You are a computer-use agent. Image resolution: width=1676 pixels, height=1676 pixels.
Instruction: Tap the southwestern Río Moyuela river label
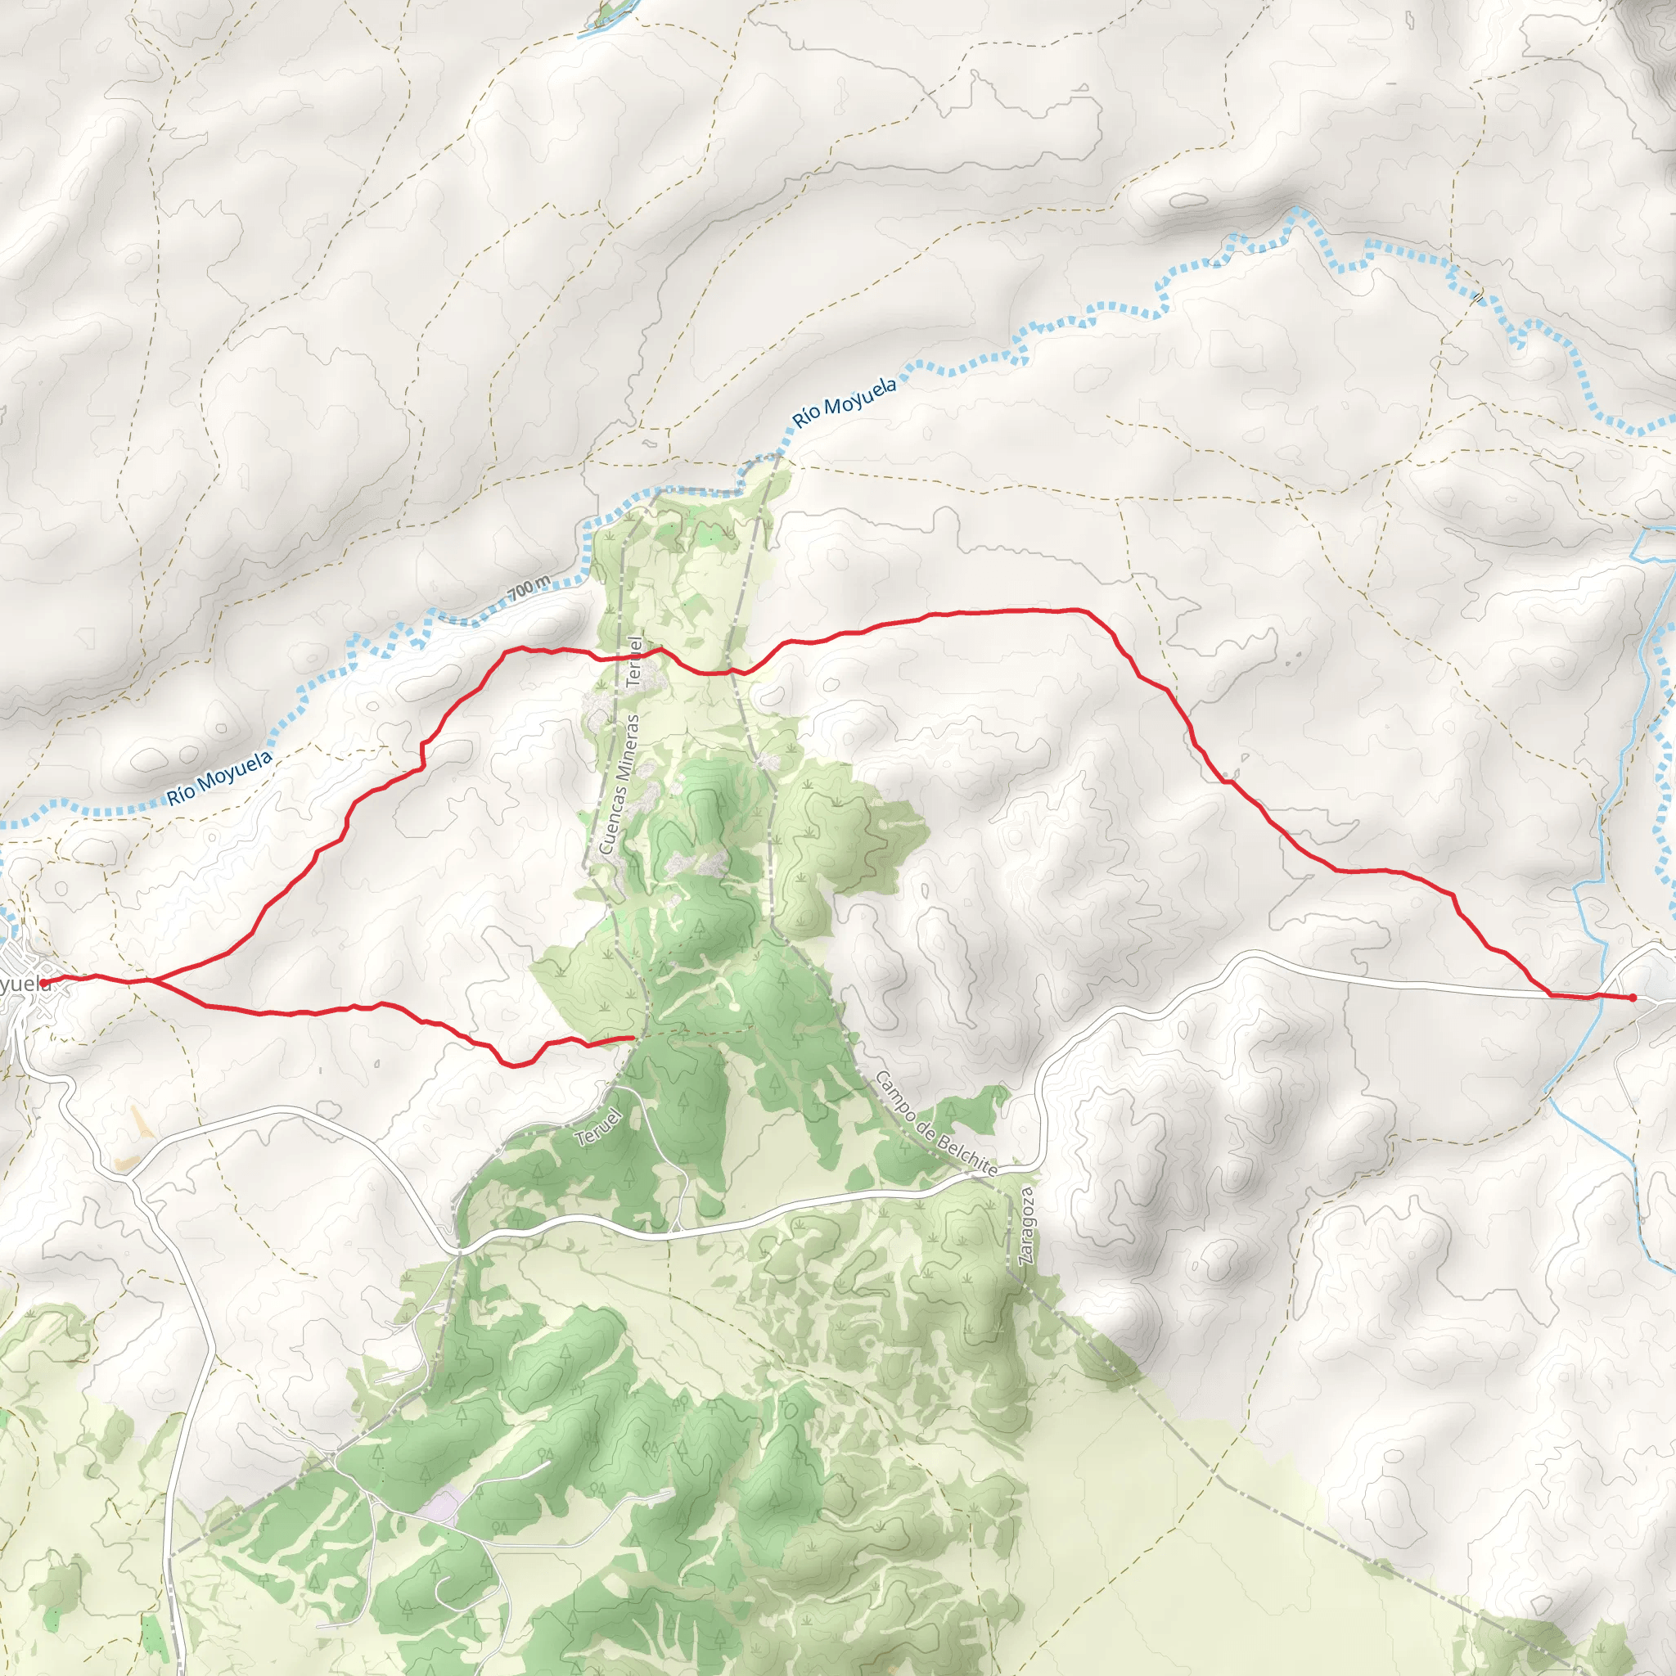pyautogui.click(x=219, y=777)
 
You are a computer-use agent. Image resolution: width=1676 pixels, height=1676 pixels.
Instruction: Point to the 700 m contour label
pyautogui.click(x=529, y=589)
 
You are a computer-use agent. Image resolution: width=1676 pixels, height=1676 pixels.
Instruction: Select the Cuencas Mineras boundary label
pyautogui.click(x=619, y=782)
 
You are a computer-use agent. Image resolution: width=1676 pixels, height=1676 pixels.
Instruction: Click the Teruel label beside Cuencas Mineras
pyautogui.click(x=636, y=662)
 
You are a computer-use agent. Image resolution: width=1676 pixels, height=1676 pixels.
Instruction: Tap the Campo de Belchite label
pyautogui.click(x=935, y=1124)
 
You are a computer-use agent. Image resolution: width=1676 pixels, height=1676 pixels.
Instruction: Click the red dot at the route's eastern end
pyautogui.click(x=1633, y=998)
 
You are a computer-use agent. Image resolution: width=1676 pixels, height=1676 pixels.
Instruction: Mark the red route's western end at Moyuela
pyautogui.click(x=43, y=982)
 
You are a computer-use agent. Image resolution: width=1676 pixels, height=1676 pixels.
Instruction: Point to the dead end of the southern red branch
pyautogui.click(x=633, y=1037)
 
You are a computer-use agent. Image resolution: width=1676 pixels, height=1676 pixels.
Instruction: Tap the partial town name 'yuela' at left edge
pyautogui.click(x=24, y=984)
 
